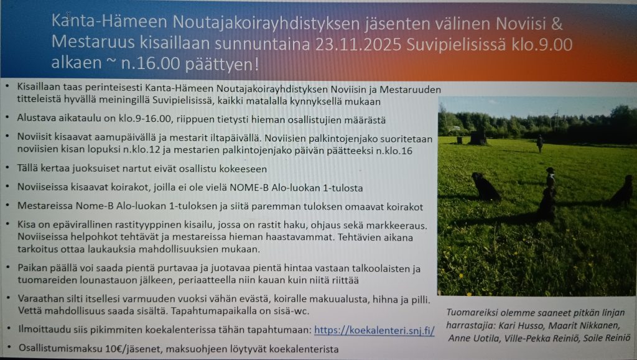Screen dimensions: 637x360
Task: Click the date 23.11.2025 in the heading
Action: [x=358, y=44]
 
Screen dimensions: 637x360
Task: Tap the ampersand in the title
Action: [x=557, y=24]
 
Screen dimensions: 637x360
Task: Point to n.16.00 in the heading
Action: [x=151, y=63]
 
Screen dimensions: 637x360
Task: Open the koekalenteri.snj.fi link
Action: [x=374, y=330]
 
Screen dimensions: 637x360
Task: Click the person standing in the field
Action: [x=539, y=144]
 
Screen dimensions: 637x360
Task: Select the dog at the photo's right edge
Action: [x=623, y=191]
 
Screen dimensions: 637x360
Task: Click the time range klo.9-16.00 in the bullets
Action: [x=134, y=119]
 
